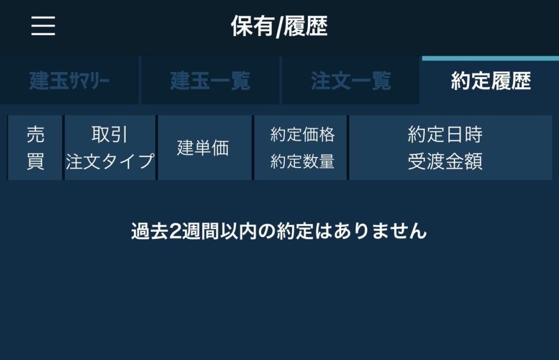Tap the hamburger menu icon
pos(43,26)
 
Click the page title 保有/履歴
pos(279,26)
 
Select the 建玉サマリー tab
pos(69,81)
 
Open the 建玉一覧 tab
pos(210,81)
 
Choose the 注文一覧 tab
pos(351,81)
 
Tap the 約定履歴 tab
pos(491,81)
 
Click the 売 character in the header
pos(35,135)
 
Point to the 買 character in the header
pos(35,161)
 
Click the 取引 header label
pos(109,135)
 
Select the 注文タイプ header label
pos(110,161)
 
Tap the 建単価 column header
pos(203,148)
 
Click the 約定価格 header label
pos(302,135)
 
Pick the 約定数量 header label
pos(302,161)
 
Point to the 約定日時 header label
pos(445,135)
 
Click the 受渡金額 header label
pos(445,161)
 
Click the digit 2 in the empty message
pos(175,231)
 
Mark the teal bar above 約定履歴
pos(491,58)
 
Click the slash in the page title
pos(279,27)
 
